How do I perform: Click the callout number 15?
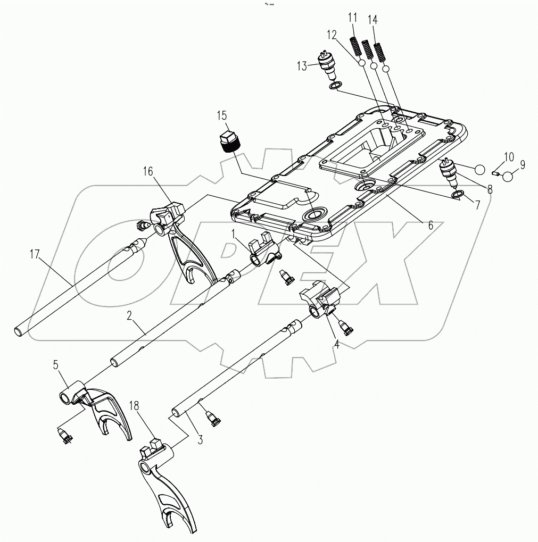pyautogui.click(x=221, y=116)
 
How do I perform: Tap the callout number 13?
pyautogui.click(x=302, y=65)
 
